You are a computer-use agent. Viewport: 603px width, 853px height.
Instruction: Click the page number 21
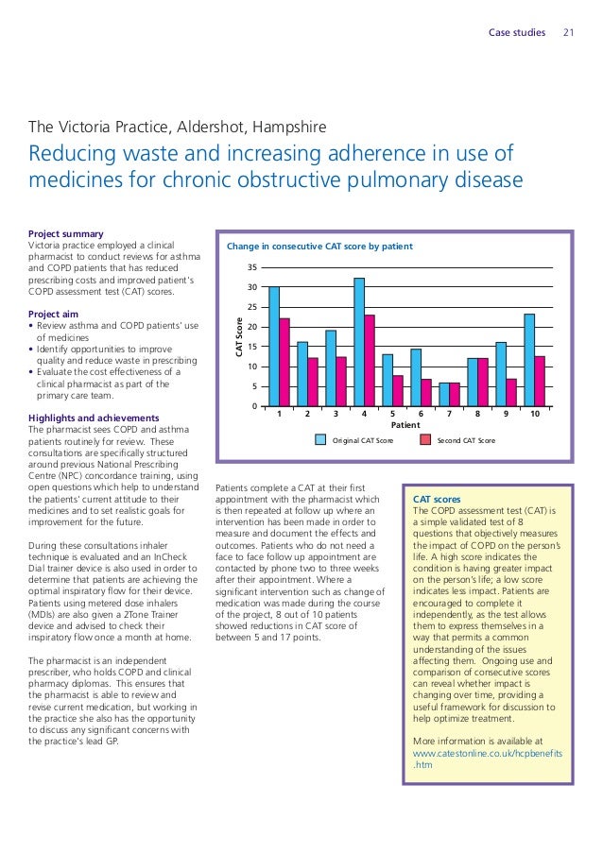569,33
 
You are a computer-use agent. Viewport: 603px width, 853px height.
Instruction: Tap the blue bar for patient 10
529,360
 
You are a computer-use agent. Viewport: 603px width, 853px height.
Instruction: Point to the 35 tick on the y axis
250,267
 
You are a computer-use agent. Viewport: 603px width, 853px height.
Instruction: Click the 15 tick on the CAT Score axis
250,347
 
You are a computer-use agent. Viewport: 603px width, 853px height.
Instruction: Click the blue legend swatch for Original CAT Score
319,440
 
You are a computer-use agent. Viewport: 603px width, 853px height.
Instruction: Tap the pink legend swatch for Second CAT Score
425,440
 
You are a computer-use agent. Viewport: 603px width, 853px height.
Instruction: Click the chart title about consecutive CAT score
319,247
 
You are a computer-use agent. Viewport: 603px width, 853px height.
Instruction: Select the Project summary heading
66,233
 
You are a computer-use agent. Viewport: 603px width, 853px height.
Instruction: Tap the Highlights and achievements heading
94,418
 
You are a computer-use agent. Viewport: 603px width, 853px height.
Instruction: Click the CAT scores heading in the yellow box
438,499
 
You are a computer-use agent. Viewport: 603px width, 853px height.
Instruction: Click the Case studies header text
517,33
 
